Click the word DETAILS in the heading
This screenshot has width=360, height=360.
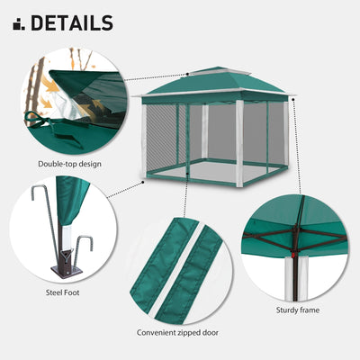(x=72, y=22)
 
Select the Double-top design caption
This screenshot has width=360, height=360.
(x=68, y=164)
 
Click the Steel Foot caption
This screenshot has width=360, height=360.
(x=64, y=292)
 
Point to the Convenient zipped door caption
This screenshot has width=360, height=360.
(x=177, y=332)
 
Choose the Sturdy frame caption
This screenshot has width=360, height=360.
(x=297, y=310)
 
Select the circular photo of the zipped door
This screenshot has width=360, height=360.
(x=177, y=270)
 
